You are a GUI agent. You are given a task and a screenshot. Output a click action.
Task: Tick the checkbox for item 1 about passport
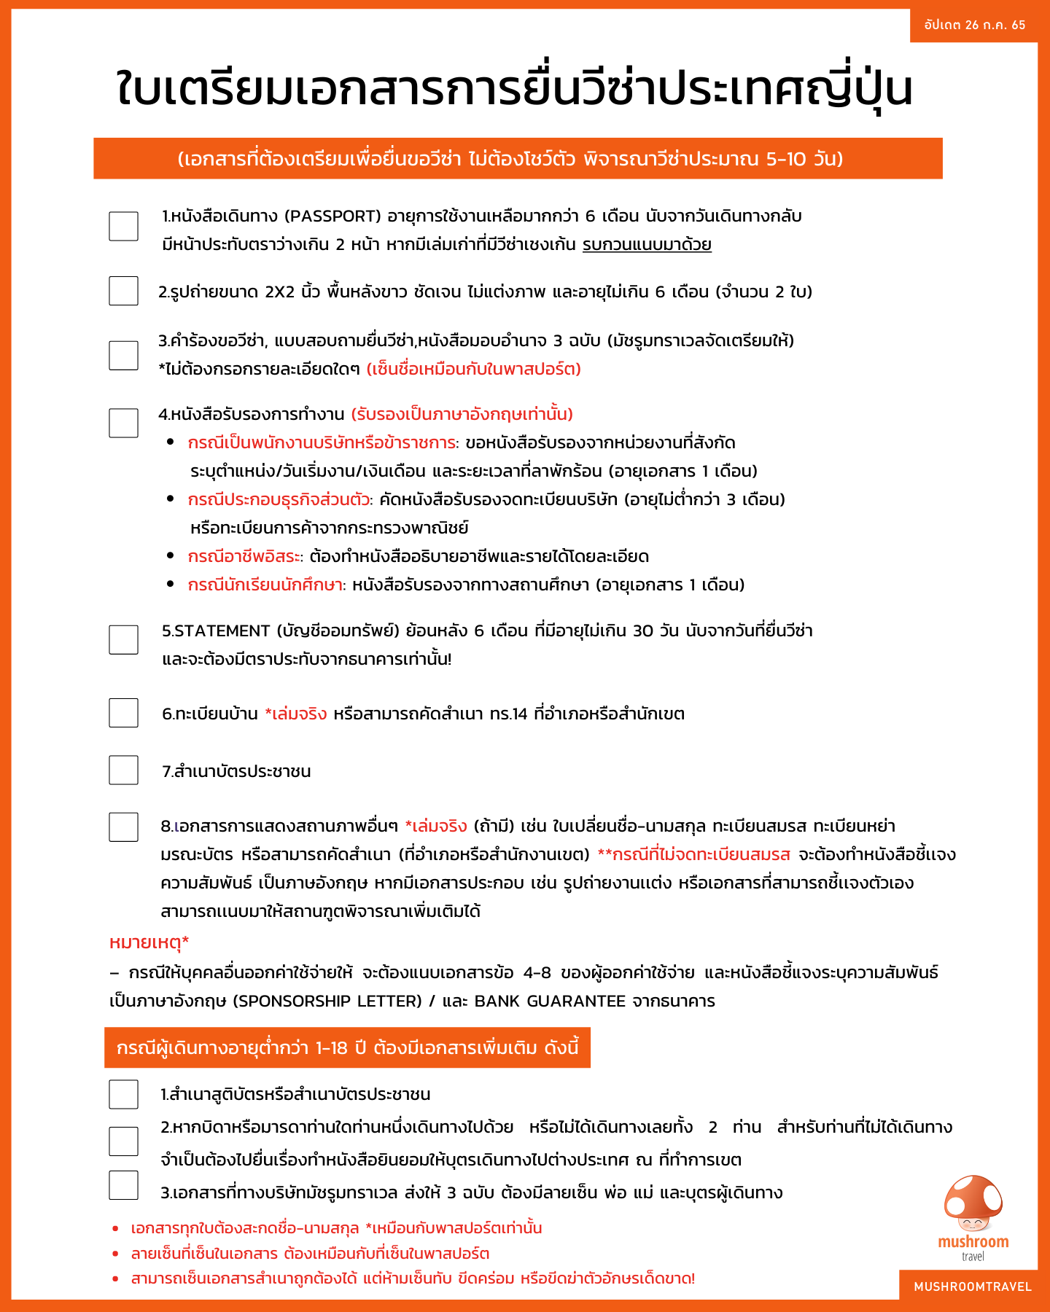(123, 226)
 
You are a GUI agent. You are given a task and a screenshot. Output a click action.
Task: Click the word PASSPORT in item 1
(332, 216)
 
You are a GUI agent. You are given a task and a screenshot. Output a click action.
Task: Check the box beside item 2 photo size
(123, 291)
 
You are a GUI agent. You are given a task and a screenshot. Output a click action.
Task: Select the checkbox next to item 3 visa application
(123, 355)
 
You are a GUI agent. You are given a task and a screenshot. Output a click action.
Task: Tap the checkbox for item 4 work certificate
(123, 423)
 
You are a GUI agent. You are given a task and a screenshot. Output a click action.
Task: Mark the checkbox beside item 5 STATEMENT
(123, 639)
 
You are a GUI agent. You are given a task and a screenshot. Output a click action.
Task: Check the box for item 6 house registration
(123, 713)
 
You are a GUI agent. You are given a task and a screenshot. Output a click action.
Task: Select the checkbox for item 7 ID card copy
(123, 770)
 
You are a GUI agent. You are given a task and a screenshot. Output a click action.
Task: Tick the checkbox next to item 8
(123, 827)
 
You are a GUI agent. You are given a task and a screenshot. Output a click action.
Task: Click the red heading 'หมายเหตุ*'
(149, 942)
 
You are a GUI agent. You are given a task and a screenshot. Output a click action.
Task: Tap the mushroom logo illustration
(973, 1203)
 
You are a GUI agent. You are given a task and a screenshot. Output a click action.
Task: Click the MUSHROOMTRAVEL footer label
(973, 1286)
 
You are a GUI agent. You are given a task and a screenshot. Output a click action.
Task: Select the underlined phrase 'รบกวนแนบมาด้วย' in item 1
(647, 245)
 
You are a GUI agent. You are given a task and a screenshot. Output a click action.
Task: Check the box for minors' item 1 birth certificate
(123, 1094)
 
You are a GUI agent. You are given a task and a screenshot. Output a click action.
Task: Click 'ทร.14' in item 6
(508, 714)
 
